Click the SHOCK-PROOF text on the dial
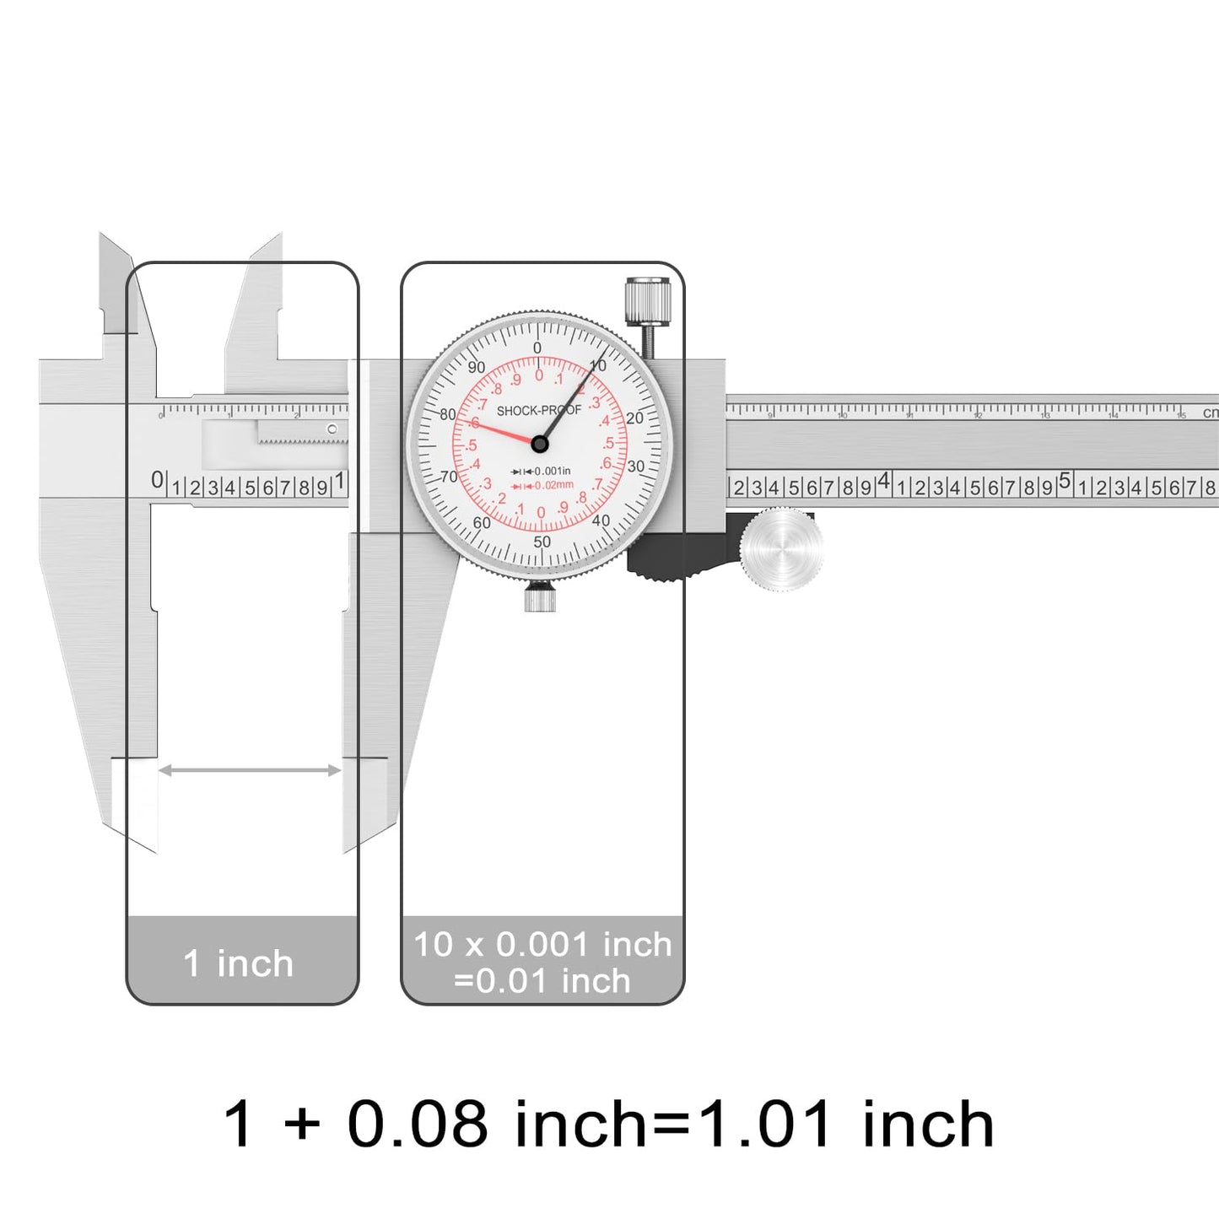pos(538,411)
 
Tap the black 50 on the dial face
pos(542,542)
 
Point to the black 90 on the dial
pos(477,367)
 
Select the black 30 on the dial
pos(635,467)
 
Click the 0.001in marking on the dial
pos(551,471)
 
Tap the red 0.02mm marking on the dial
pos(553,485)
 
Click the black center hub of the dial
pos(540,444)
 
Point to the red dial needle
pos(502,431)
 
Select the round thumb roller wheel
pos(782,548)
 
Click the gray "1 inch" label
pos(239,963)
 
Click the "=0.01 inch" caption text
pos(542,981)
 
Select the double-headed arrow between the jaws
pos(250,769)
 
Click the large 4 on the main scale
pos(883,481)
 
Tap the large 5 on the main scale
pos(1065,481)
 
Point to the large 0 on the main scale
pos(158,479)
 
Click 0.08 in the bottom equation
pos(417,1125)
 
